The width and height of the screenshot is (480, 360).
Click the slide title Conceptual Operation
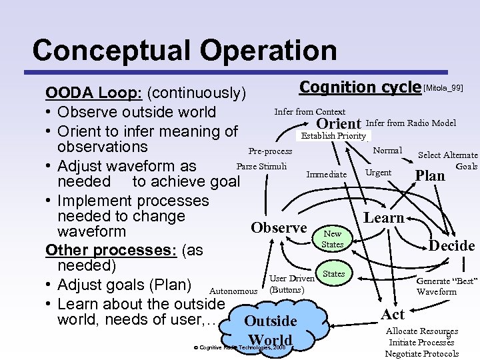[x=184, y=51]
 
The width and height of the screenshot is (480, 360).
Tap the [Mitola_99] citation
[x=443, y=87]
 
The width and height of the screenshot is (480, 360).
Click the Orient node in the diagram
[x=339, y=124]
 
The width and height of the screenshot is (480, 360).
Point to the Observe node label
[x=279, y=228]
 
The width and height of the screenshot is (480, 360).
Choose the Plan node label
[x=430, y=175]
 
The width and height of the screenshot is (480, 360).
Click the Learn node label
[x=383, y=217]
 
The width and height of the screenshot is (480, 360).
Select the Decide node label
[x=451, y=245]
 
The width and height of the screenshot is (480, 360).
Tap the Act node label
[x=393, y=313]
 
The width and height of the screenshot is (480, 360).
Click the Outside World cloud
[x=270, y=329]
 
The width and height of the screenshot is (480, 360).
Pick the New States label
[x=332, y=239]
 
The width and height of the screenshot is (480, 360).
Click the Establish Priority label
[x=334, y=136]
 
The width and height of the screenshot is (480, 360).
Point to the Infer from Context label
[x=310, y=111]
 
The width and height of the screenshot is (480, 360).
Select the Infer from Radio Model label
[x=411, y=123]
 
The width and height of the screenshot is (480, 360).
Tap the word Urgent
[x=378, y=173]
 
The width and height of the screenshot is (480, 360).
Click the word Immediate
[x=326, y=175]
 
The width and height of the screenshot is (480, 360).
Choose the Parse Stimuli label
[x=262, y=166]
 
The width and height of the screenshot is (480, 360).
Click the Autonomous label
[x=233, y=291]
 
